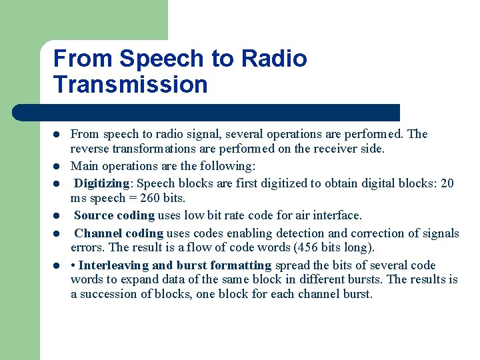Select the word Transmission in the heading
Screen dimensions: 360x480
coord(130,85)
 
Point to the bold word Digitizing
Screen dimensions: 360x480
coord(104,183)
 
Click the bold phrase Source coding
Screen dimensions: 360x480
coord(114,215)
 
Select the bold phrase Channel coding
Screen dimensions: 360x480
coord(119,233)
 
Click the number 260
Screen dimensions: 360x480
coord(152,198)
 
